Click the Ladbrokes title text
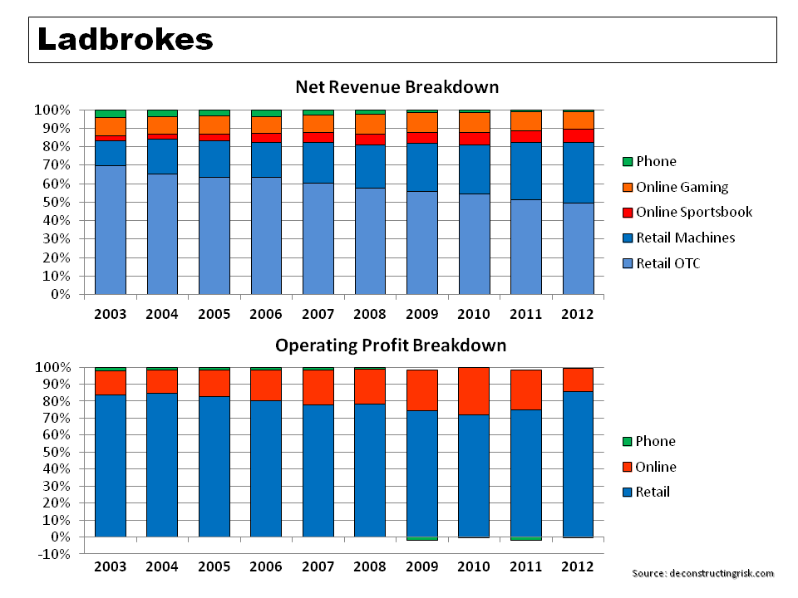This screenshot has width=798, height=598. tap(126, 39)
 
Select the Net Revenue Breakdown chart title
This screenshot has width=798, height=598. tap(397, 87)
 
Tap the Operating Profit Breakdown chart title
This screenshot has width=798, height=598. tap(391, 345)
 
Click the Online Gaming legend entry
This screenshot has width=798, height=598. tap(682, 187)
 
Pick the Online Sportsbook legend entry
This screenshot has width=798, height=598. tap(694, 212)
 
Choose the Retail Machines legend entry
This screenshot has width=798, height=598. tap(685, 238)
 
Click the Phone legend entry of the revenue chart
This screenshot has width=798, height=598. tap(656, 161)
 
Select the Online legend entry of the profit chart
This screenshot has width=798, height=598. tap(656, 467)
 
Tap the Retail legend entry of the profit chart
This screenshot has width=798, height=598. tap(653, 492)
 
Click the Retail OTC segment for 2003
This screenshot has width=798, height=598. tap(111, 230)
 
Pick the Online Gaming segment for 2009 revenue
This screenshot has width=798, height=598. tap(422, 121)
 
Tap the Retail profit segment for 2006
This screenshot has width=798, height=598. tap(267, 468)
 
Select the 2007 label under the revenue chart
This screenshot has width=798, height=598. tap(318, 314)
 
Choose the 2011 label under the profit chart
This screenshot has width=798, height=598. tap(526, 566)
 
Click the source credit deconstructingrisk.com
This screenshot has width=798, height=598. tap(702, 573)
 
